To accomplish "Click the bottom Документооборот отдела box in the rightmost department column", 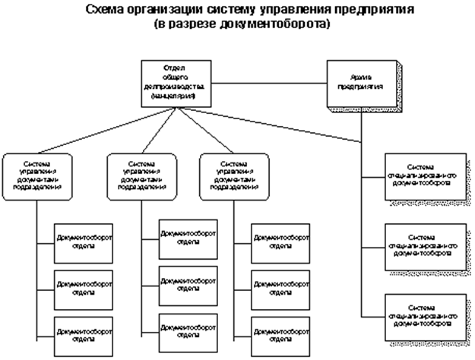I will click(278, 331).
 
